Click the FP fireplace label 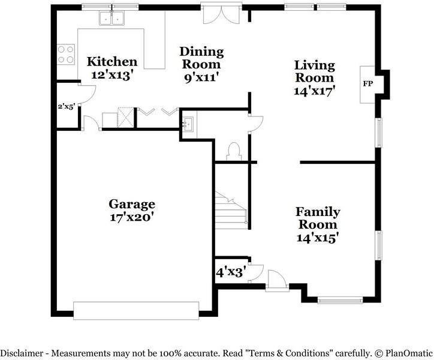(x=368, y=83)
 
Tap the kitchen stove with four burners (x=65, y=55)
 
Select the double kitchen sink (x=112, y=18)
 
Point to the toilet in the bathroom (x=234, y=151)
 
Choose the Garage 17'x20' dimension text (x=132, y=217)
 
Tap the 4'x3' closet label (x=231, y=272)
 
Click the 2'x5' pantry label (x=67, y=106)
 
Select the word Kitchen (x=112, y=62)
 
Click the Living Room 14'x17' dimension (x=315, y=91)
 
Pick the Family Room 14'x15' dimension (x=318, y=238)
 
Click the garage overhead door (x=136, y=311)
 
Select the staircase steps (x=231, y=211)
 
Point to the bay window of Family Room (x=340, y=300)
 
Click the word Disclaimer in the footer (x=22, y=353)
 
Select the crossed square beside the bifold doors (x=125, y=117)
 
